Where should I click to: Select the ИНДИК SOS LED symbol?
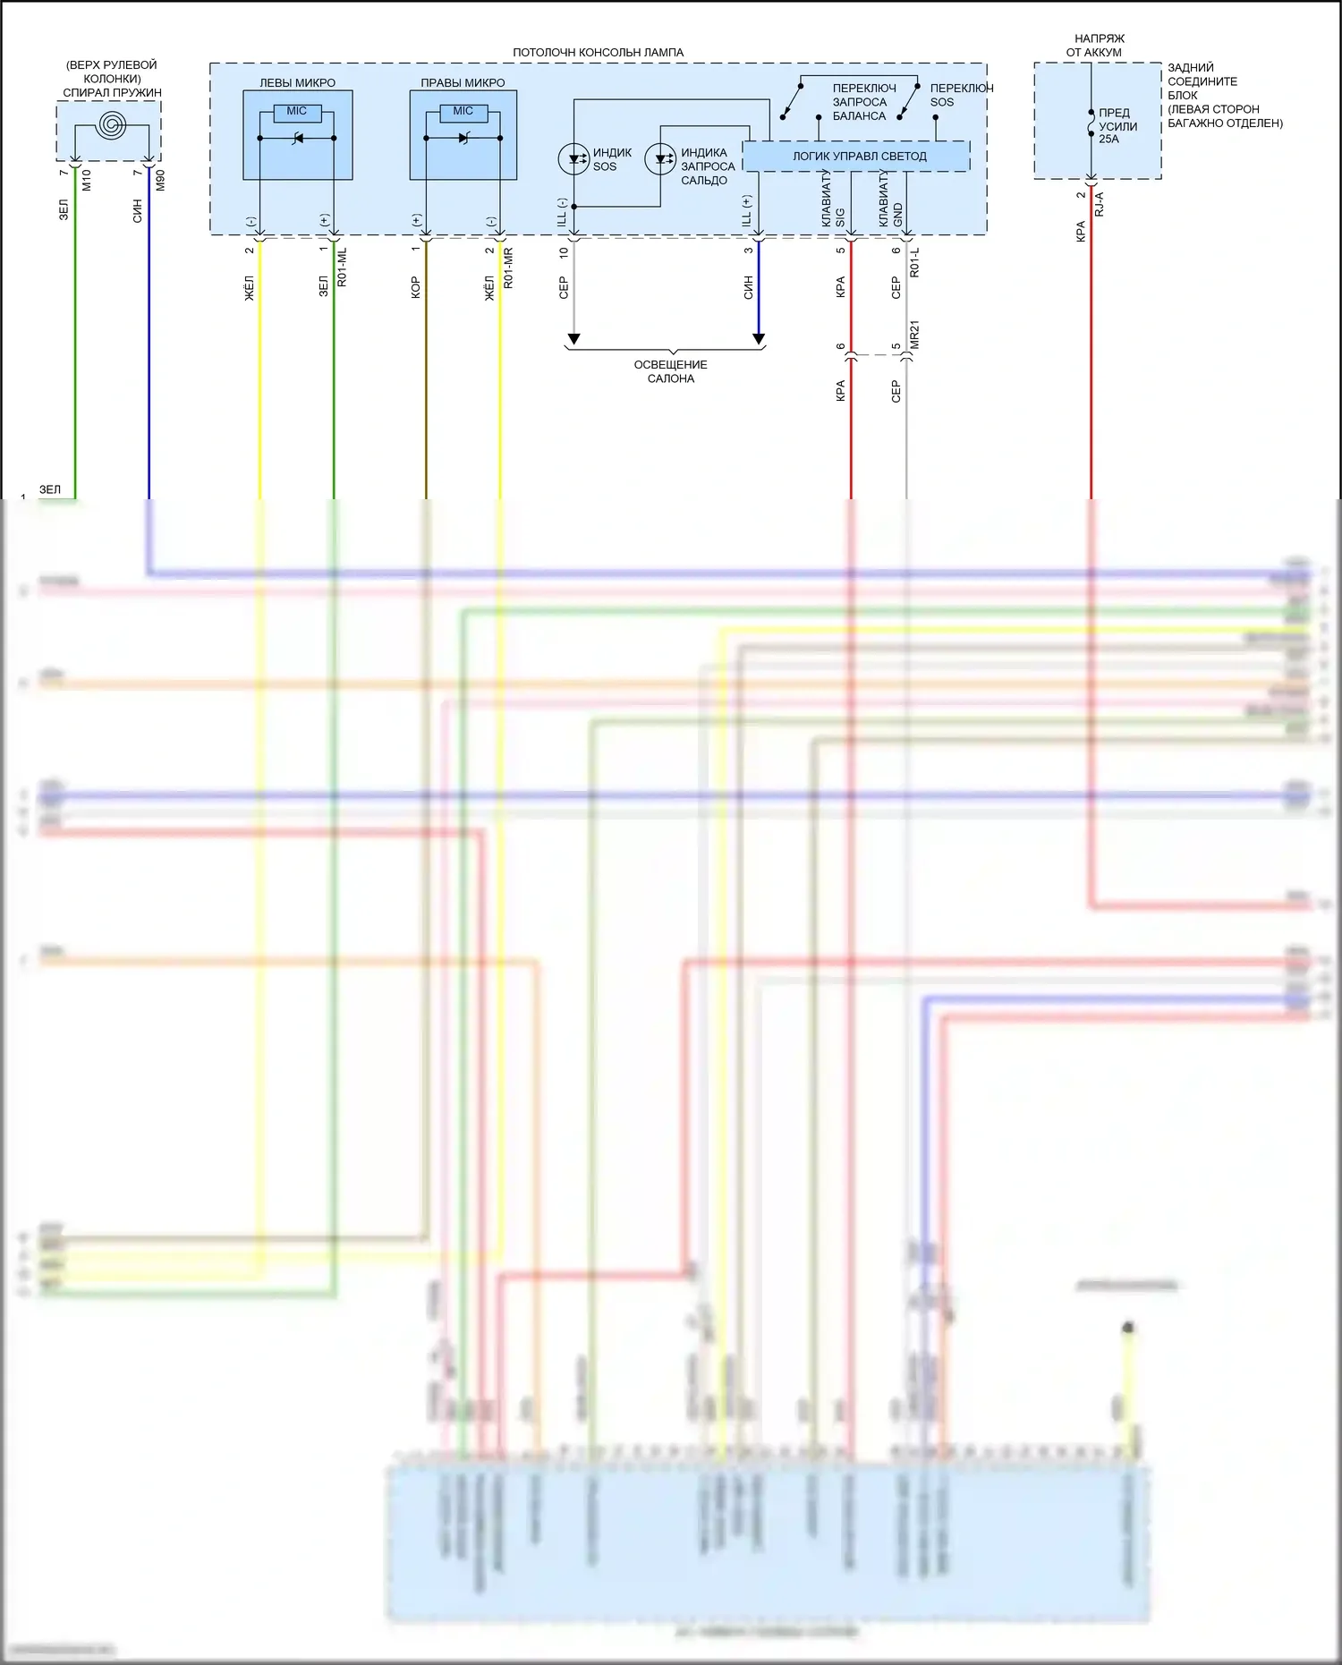(x=573, y=160)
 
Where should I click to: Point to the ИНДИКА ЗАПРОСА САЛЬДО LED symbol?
(x=660, y=160)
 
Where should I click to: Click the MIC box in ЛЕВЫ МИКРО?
(x=297, y=112)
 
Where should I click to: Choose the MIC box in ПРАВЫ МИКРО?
(x=463, y=112)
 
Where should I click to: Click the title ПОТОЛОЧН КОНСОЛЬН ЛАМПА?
(x=598, y=53)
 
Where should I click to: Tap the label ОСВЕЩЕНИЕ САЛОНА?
(x=670, y=371)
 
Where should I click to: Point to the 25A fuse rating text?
(x=1108, y=140)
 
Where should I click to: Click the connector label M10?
(x=87, y=181)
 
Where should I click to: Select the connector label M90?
(x=161, y=181)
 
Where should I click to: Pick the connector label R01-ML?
(x=342, y=268)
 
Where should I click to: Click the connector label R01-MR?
(x=508, y=268)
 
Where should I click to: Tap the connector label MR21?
(x=914, y=335)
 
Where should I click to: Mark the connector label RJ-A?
(x=1100, y=205)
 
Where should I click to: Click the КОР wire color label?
(x=416, y=287)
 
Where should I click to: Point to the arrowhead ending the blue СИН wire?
(x=759, y=339)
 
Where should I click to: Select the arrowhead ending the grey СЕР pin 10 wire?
(x=573, y=339)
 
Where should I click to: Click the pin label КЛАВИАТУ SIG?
(x=833, y=201)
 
